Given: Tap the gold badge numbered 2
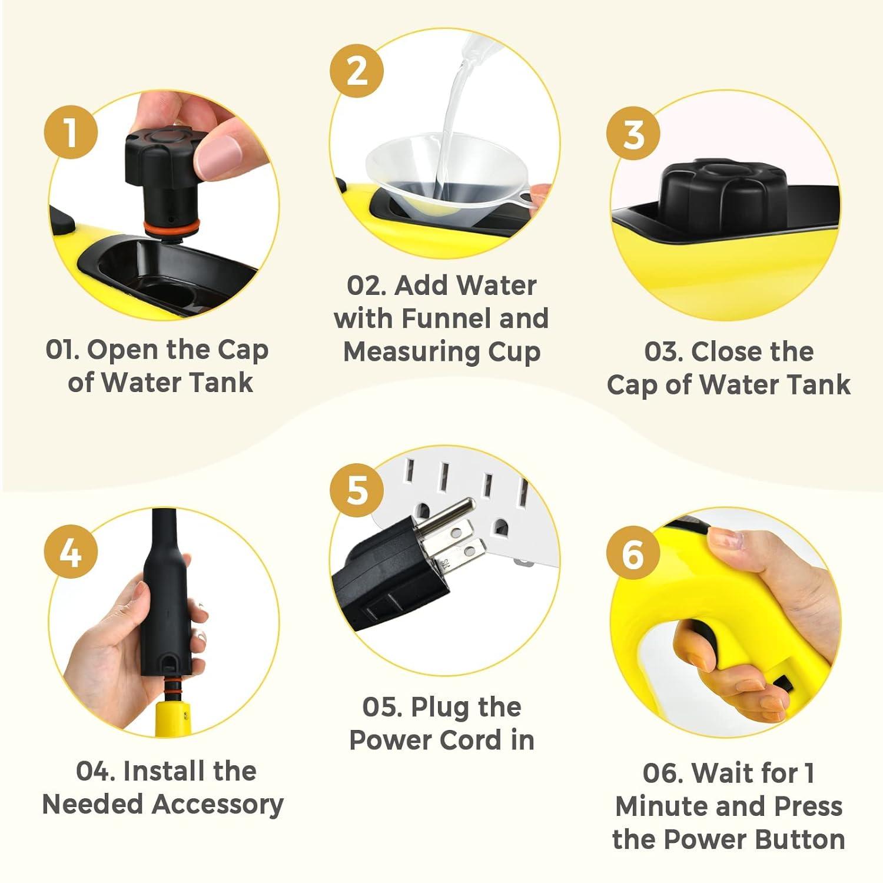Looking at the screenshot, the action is (x=357, y=71).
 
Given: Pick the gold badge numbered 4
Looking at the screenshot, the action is (x=71, y=552).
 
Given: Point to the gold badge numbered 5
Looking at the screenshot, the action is (x=357, y=489).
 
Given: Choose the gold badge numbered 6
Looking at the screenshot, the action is (x=633, y=553).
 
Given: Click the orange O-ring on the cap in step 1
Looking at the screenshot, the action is (x=171, y=225).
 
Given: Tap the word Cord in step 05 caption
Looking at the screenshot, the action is (x=476, y=740).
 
